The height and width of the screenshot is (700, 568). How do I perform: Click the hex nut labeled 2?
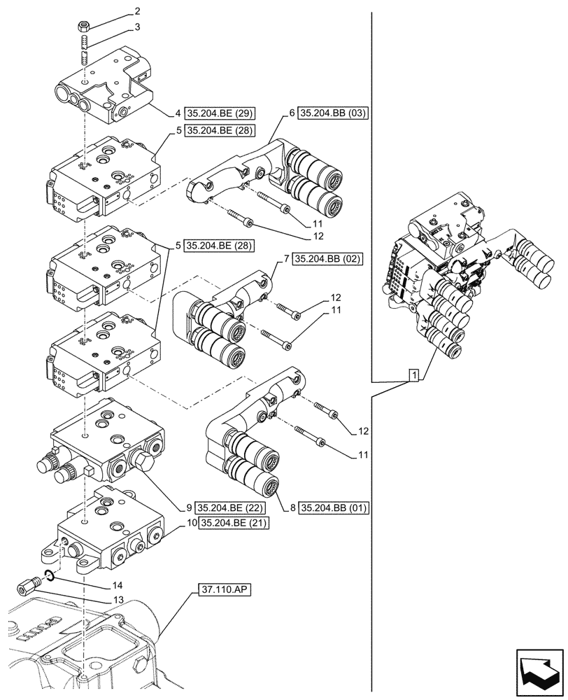tap(83, 27)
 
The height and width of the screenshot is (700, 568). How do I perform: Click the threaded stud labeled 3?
tap(83, 51)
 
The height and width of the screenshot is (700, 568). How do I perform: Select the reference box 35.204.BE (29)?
tap(218, 113)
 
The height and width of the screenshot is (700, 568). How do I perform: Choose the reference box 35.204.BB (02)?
tap(327, 259)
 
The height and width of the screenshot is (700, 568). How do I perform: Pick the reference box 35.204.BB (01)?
tap(333, 507)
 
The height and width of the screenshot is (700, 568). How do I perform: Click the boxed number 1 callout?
tap(414, 376)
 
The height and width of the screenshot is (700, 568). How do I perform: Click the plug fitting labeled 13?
tap(29, 587)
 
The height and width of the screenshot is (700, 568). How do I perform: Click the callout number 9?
tap(190, 507)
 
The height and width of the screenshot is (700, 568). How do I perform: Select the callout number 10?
tap(191, 522)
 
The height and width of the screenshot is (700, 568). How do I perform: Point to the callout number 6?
tap(292, 113)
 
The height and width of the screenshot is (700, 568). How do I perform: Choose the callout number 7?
tap(287, 259)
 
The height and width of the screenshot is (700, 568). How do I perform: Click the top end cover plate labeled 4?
tap(105, 87)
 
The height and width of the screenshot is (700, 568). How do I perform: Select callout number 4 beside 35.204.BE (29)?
tap(178, 113)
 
